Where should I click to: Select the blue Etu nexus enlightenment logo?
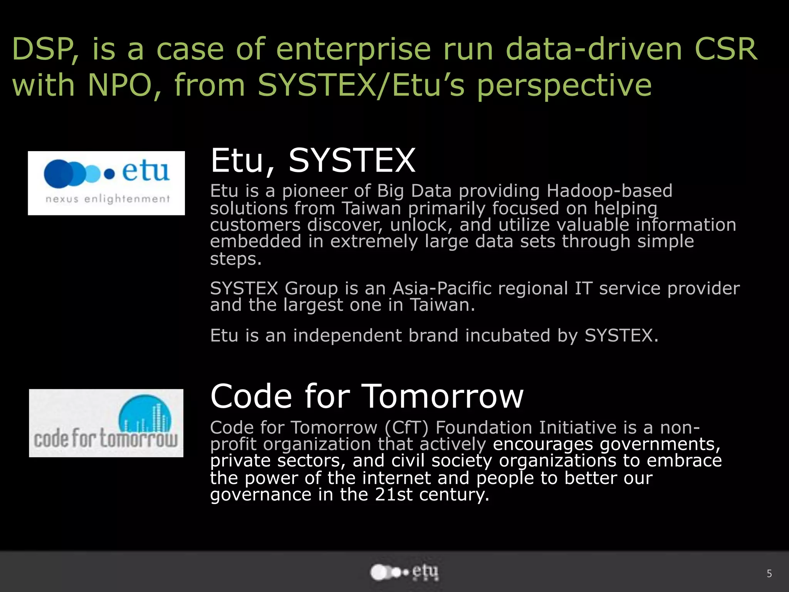pyautogui.click(x=106, y=183)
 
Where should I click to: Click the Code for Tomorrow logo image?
pyautogui.click(x=106, y=423)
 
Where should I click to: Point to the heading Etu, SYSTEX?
pyautogui.click(x=313, y=161)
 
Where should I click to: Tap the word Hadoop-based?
pyautogui.click(x=609, y=191)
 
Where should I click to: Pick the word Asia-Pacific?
pyautogui.click(x=480, y=288)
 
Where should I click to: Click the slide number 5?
pyautogui.click(x=769, y=574)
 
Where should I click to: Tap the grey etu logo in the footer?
pyautogui.click(x=404, y=572)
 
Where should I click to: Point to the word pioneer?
pyautogui.click(x=315, y=191)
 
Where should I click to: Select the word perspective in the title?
pyautogui.click(x=564, y=85)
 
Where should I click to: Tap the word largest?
pyautogui.click(x=313, y=305)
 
